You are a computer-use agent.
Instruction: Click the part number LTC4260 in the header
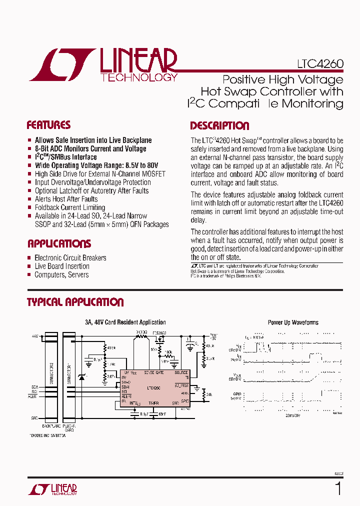pos(320,64)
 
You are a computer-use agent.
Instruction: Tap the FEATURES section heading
pos(48,125)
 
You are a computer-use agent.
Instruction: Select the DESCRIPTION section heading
pos(219,126)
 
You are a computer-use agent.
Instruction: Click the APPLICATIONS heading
pos(59,244)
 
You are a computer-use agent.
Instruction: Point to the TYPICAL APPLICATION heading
pos(75,302)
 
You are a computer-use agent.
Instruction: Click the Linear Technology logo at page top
pos(102,65)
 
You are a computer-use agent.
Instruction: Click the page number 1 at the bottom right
pos(338,488)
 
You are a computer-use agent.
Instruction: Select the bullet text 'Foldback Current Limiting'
pos(70,207)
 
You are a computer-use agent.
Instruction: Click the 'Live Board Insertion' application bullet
pos(62,266)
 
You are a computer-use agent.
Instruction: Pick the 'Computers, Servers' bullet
pos(61,275)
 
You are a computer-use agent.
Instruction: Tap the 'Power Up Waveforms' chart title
pos(293,322)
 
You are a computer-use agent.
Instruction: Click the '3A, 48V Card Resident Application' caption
pos(125,322)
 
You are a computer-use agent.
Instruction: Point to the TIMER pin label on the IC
pos(153,402)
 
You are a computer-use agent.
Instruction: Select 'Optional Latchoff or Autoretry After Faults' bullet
pos(91,190)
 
